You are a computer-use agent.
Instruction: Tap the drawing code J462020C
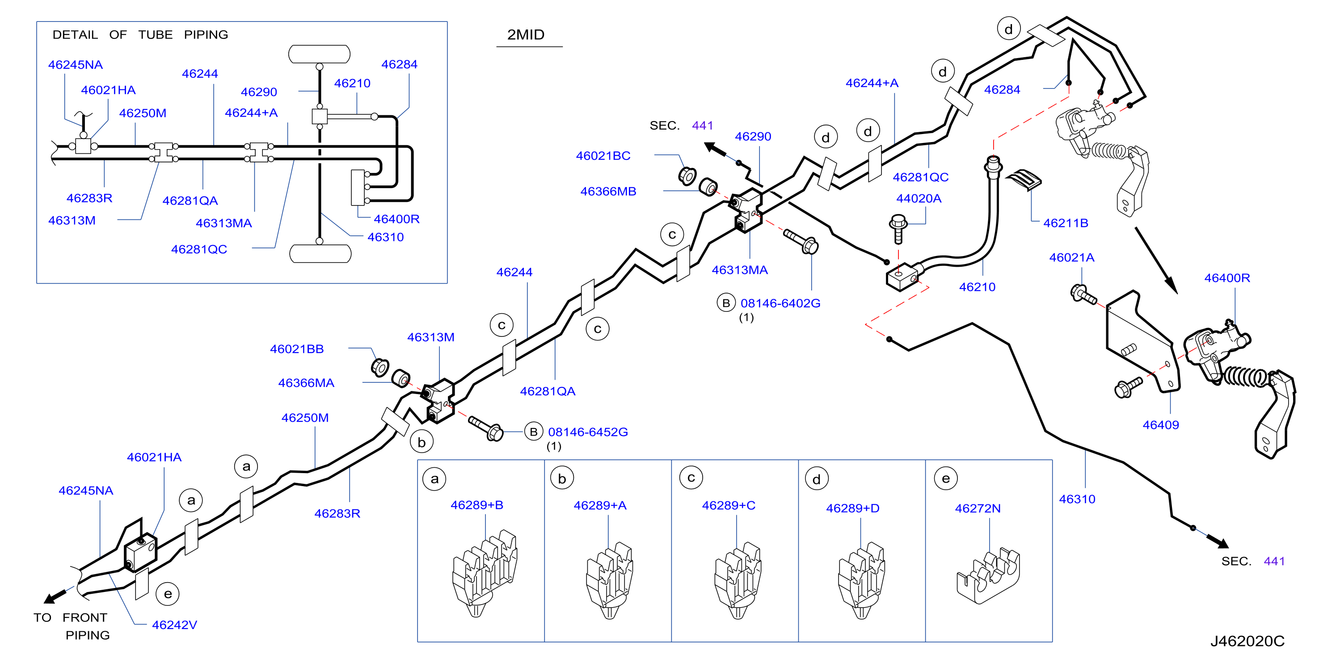[x=1247, y=641]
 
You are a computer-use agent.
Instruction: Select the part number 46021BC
[x=603, y=155]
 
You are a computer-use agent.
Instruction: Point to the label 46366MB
[x=608, y=191]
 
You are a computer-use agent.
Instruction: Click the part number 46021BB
[x=297, y=349]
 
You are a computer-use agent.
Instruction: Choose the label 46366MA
[x=306, y=382]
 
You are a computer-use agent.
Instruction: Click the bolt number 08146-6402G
[x=780, y=303]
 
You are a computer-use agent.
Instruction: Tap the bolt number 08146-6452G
[x=588, y=432]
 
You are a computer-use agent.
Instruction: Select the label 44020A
[x=919, y=198]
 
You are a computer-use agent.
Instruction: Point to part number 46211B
[x=1065, y=223]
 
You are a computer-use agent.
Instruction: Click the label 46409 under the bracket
[x=1161, y=424]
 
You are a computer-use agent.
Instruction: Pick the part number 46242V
[x=174, y=625]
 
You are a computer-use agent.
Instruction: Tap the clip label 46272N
[x=978, y=508]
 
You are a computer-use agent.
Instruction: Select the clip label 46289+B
[x=476, y=504]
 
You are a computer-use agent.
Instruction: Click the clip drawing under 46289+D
[x=861, y=580]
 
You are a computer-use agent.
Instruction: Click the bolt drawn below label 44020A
[x=898, y=229]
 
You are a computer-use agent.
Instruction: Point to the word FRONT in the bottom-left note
[x=84, y=617]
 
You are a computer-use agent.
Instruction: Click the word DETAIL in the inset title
[x=75, y=35]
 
